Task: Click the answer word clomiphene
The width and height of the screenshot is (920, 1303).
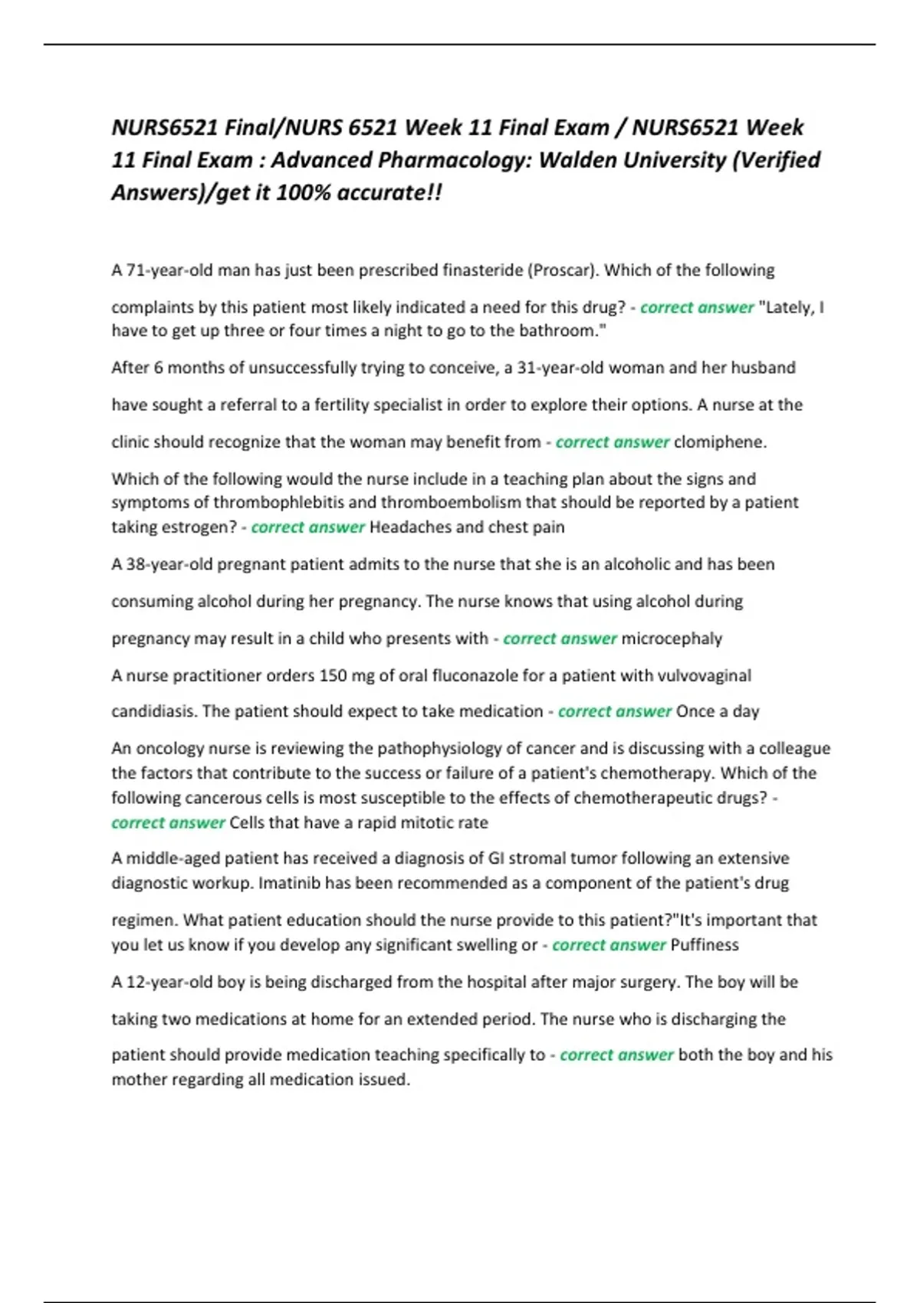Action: pos(720,442)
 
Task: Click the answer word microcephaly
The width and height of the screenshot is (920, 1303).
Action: pos(672,638)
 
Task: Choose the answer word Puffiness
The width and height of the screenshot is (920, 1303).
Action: pos(705,945)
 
